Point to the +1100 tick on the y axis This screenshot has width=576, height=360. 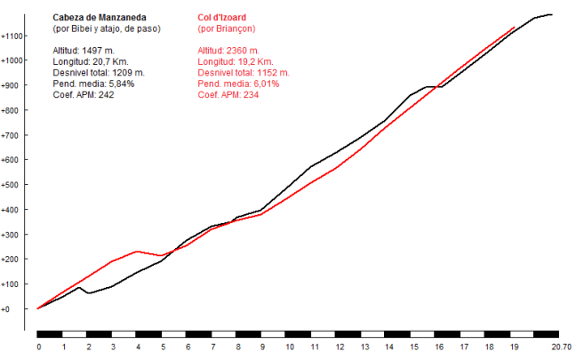(12, 36)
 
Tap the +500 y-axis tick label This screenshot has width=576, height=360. (12, 185)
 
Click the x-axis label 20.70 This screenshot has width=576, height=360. (561, 348)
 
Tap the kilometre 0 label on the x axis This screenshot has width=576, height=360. (38, 348)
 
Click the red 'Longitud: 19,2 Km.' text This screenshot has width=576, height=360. (236, 61)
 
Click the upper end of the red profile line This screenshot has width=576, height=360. (516, 27)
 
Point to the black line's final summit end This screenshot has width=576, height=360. (553, 14)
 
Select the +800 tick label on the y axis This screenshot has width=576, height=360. (12, 111)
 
